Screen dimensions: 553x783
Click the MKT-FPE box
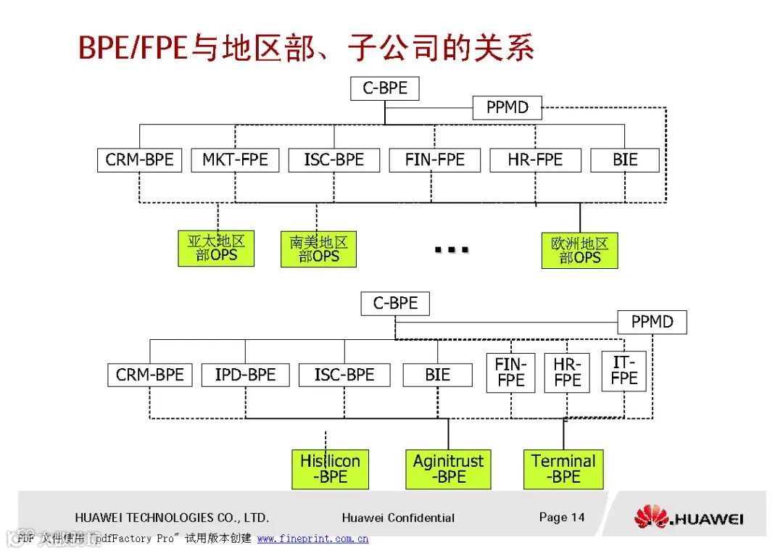[235, 160]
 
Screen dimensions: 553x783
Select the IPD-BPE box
[245, 375]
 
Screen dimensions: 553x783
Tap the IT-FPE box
[623, 370]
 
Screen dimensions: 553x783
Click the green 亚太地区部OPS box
[216, 249]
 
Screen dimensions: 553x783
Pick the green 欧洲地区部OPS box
[579, 251]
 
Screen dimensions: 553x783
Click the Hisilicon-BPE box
[330, 469]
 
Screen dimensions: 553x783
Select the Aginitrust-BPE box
[448, 469]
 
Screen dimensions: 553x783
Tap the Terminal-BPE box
[563, 469]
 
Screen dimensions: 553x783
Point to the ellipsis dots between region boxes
[451, 250]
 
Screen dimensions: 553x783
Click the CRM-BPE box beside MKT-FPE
[139, 160]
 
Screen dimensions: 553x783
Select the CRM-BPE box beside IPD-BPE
[150, 375]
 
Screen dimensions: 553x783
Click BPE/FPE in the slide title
[133, 48]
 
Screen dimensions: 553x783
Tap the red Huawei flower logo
[650, 517]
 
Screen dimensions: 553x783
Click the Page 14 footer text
[561, 517]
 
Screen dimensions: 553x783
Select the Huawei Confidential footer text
[398, 517]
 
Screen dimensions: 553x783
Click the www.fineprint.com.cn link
[312, 539]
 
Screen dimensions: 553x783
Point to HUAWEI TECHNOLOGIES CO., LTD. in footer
[172, 517]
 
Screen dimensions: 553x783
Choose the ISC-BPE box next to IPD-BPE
[344, 375]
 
